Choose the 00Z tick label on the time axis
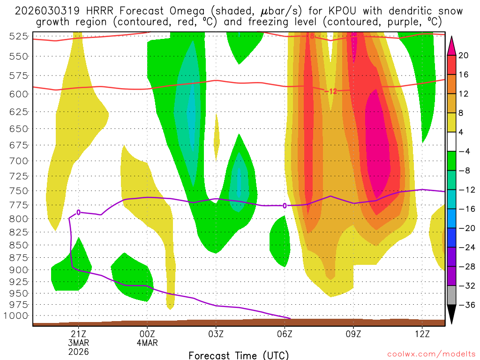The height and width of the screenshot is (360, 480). pyautogui.click(x=147, y=334)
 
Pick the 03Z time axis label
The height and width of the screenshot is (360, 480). pyautogui.click(x=216, y=334)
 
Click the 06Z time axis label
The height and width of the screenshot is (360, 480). pyautogui.click(x=285, y=334)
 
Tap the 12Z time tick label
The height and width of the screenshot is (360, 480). pyautogui.click(x=422, y=334)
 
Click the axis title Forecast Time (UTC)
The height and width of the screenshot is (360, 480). pyautogui.click(x=239, y=355)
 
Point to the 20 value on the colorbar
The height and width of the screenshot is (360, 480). pyautogui.click(x=464, y=55)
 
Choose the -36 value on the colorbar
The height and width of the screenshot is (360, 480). pyautogui.click(x=464, y=305)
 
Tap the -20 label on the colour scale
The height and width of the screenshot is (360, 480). pyautogui.click(x=464, y=228)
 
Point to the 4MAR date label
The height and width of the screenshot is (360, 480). pyautogui.click(x=147, y=343)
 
